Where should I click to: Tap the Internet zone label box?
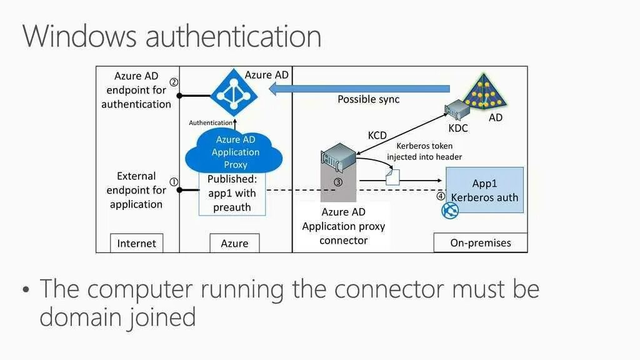(136, 243)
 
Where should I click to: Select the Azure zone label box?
(234, 243)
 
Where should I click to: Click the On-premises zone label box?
(480, 242)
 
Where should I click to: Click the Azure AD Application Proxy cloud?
(236, 152)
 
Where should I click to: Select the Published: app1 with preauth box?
(232, 194)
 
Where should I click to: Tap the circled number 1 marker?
(174, 182)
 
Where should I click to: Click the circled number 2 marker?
(174, 82)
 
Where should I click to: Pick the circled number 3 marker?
(337, 182)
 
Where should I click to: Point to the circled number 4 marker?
(440, 196)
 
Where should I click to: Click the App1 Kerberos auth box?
(484, 189)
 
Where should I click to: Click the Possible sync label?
(368, 99)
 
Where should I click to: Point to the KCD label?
(377, 135)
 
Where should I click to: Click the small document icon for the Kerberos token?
(392, 178)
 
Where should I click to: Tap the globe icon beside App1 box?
(450, 211)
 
